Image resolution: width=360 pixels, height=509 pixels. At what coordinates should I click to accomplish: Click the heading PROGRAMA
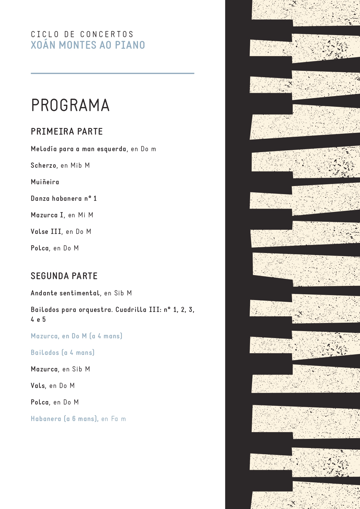[x=70, y=105]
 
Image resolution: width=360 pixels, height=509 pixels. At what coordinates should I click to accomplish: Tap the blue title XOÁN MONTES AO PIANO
[x=88, y=45]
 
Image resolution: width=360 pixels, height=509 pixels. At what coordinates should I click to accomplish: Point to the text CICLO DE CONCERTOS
[x=82, y=34]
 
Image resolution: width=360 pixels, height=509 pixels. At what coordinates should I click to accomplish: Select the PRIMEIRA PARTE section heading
[x=67, y=131]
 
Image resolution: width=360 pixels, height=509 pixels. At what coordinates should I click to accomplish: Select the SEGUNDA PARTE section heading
[x=64, y=276]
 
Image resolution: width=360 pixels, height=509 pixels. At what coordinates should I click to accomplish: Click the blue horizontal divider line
[x=112, y=73]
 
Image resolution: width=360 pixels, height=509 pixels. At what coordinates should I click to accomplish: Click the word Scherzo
[x=44, y=165]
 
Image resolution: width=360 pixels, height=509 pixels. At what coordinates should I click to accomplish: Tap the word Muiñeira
[x=45, y=182]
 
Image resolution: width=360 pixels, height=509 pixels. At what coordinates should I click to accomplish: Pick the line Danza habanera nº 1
[x=64, y=198]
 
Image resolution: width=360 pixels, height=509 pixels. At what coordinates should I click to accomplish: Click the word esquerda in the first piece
[x=111, y=149]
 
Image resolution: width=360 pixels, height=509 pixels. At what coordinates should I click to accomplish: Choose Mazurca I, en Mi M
[x=62, y=215]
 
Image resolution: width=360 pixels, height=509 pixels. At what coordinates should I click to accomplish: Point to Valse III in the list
[x=46, y=232]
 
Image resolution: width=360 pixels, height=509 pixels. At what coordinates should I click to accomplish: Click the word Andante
[x=44, y=293]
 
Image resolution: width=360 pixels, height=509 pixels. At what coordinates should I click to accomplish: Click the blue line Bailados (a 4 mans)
[x=63, y=353]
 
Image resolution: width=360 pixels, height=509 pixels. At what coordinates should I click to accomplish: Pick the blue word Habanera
[x=46, y=419]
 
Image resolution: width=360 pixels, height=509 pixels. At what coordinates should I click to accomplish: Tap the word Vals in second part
[x=38, y=386]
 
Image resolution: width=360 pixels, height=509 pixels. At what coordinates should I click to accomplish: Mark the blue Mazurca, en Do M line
[x=77, y=336]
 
